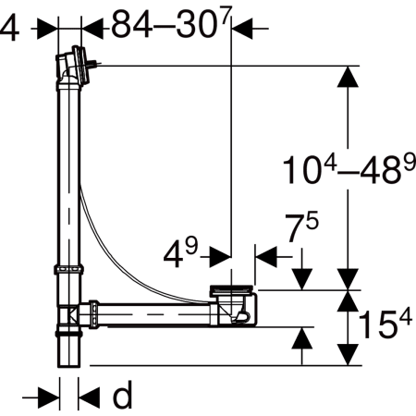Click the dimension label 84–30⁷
171,23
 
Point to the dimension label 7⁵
301,226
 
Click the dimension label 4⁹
180,252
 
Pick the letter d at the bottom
123,395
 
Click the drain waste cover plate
232,289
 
